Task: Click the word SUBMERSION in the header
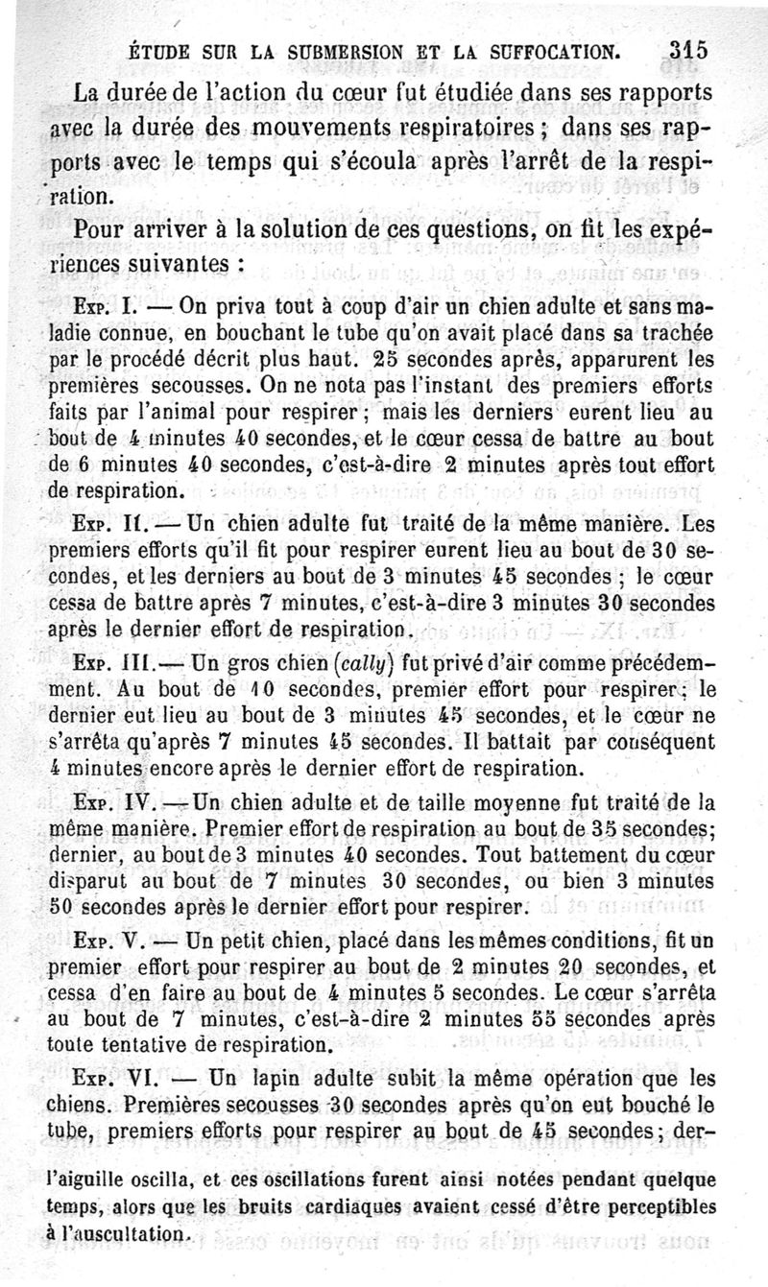point(341,51)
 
